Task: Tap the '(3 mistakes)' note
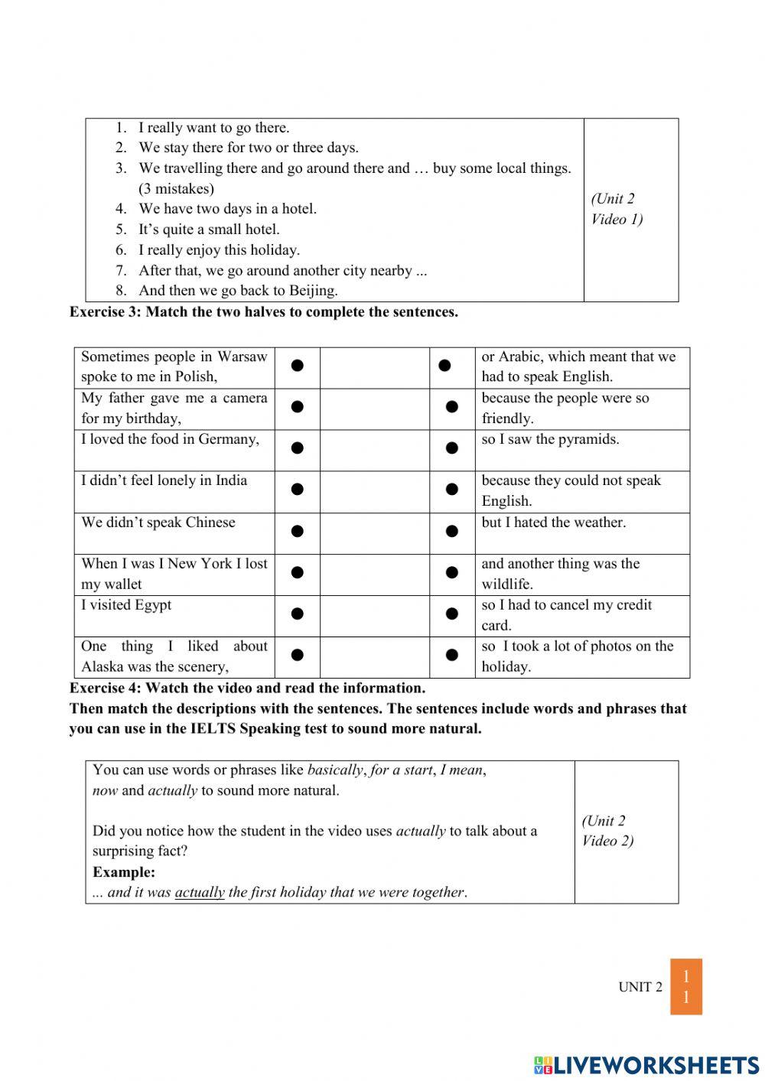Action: [x=176, y=189]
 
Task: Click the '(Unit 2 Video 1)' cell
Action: [x=617, y=209]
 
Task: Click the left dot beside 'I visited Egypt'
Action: [x=298, y=614]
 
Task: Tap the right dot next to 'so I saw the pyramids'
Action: [x=452, y=448]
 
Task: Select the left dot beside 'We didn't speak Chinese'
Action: [x=298, y=531]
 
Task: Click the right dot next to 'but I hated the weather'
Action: [x=452, y=531]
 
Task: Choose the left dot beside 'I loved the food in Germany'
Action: [x=298, y=448]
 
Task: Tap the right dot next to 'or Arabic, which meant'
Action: [x=444, y=366]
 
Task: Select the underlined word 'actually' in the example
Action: [x=200, y=893]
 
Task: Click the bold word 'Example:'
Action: [x=124, y=872]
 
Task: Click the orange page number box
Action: [x=686, y=987]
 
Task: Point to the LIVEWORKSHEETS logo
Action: [x=646, y=1064]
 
